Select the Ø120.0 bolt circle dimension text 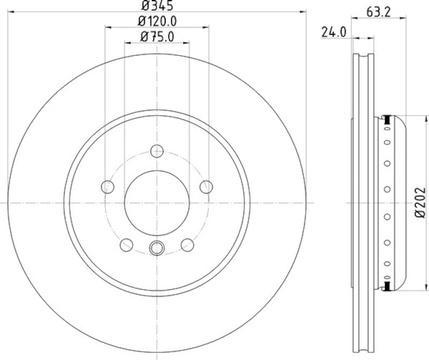pos(157,21)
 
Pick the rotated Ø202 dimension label pos(420,203)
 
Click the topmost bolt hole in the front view pos(157,151)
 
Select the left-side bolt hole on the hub pos(108,187)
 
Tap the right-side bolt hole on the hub pos(205,187)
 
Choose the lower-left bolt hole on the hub pos(127,245)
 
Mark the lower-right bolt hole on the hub pos(187,245)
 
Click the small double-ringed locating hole pos(157,247)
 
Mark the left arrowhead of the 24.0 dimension pos(354,38)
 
